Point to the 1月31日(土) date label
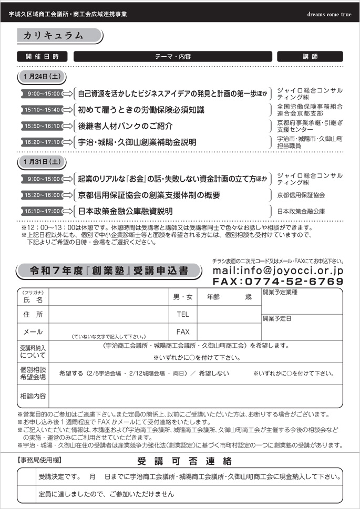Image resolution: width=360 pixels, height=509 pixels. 42,162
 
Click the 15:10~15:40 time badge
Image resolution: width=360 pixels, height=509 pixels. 42,110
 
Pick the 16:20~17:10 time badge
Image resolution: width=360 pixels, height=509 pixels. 42,142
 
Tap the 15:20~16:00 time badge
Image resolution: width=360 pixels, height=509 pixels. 42,195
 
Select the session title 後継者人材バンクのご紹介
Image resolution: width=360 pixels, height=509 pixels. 125,126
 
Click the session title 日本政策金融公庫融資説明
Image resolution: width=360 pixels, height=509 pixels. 125,211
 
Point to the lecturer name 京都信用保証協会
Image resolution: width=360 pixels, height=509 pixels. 301,195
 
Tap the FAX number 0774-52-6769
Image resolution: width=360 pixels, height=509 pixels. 277,282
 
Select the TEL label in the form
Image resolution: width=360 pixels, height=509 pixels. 182,314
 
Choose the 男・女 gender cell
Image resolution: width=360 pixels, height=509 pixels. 182,297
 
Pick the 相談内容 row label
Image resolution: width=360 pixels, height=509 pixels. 33,396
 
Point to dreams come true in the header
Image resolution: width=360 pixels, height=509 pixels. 329,14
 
